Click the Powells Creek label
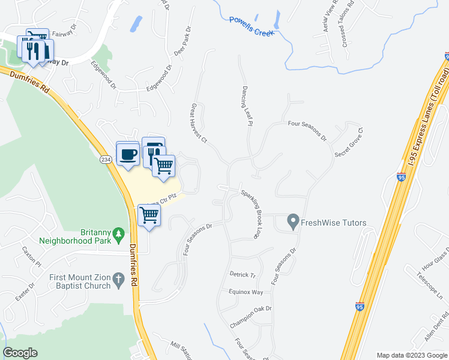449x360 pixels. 252,26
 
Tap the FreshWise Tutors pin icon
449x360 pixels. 293,222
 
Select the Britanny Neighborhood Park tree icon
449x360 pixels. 118,233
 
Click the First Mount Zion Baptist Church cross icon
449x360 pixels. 118,279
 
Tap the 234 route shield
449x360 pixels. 106,159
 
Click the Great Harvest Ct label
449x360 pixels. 199,124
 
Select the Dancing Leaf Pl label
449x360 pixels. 246,104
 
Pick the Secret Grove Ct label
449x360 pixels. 349,142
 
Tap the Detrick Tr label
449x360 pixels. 243,274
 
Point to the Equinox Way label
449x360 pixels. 246,292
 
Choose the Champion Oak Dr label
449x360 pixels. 251,317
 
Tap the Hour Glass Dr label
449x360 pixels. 435,259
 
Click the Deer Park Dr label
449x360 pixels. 181,41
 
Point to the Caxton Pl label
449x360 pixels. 31,256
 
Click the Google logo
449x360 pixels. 20,353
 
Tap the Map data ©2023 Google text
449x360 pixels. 411,355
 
